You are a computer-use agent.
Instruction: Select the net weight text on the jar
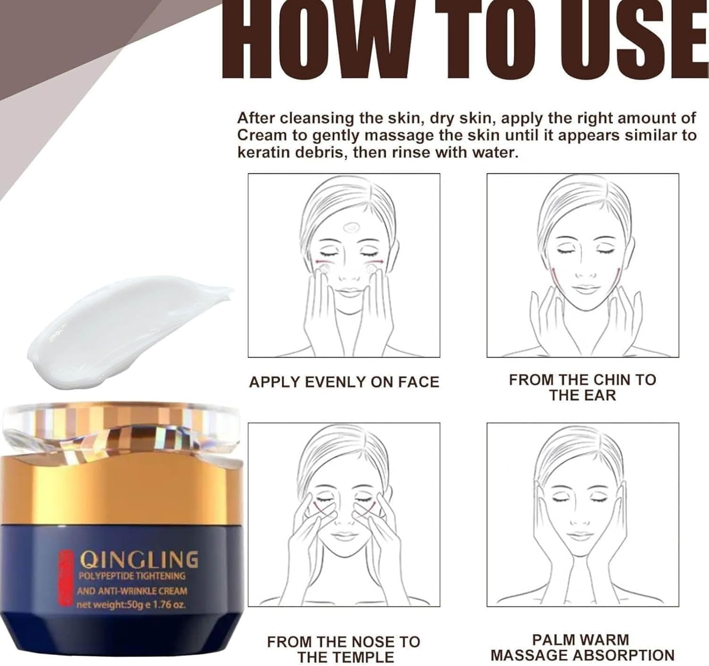(131, 605)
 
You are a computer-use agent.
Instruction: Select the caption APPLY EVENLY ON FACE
(344, 382)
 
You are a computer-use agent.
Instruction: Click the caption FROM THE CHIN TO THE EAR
(582, 387)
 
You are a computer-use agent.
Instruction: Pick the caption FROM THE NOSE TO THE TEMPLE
(344, 649)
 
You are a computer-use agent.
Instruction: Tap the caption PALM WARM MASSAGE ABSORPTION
(582, 648)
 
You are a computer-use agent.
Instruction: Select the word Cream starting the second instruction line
(261, 136)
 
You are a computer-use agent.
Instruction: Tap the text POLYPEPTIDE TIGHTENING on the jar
(131, 576)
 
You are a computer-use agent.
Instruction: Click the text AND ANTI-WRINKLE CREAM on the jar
(132, 590)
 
